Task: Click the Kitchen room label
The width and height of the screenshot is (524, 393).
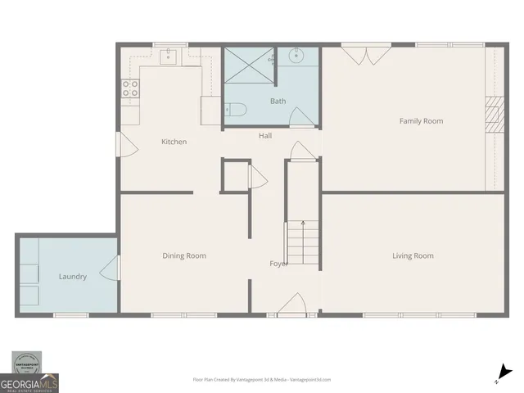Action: (x=174, y=142)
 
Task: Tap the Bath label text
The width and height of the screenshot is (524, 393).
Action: (x=278, y=102)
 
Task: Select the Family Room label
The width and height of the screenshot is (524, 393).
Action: (x=421, y=121)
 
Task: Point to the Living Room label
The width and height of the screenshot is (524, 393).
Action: (x=413, y=255)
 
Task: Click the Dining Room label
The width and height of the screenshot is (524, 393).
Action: (x=184, y=255)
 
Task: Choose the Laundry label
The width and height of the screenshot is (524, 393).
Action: (x=72, y=277)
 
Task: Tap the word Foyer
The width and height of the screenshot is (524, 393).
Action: (x=279, y=264)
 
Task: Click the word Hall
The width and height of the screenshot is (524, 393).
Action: (x=265, y=136)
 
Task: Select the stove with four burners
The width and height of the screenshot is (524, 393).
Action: (x=130, y=88)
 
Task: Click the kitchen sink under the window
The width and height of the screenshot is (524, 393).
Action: (x=169, y=56)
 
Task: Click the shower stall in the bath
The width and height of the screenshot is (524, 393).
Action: (x=249, y=65)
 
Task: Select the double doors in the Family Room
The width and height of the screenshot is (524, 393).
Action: (x=360, y=55)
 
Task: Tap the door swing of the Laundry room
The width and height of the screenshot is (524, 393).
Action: (x=110, y=269)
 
